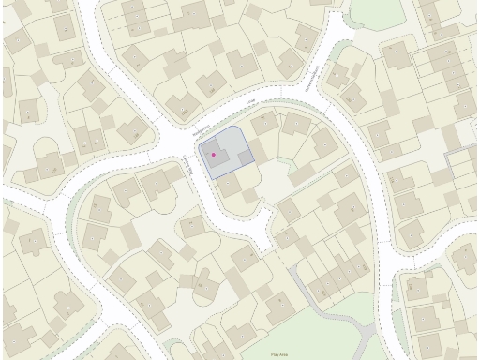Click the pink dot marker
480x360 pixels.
214,154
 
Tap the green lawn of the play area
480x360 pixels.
309,333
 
